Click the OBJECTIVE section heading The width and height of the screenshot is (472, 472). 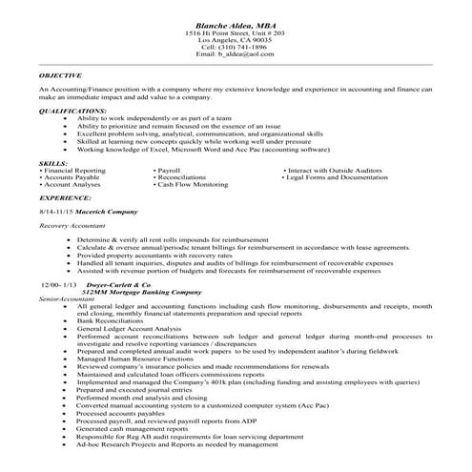60,73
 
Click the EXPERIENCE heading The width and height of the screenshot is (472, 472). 66,195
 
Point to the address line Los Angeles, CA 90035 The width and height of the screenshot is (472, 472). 236,40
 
